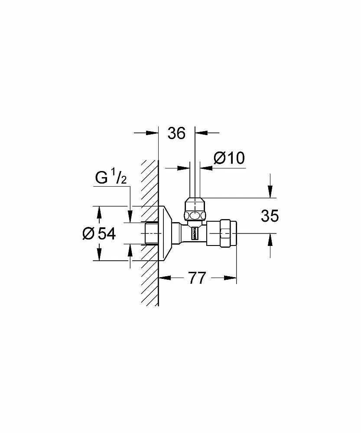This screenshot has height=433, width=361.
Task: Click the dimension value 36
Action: pos(177,133)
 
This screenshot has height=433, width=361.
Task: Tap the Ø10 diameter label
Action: pos(229,158)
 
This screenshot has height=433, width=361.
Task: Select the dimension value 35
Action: pos(270,216)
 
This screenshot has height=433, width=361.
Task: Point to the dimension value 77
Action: pos(197,278)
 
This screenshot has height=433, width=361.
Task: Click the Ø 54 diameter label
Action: pos(99,234)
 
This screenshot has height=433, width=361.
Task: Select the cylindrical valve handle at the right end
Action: pos(222,234)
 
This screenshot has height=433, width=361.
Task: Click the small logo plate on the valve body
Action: pos(194,234)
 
